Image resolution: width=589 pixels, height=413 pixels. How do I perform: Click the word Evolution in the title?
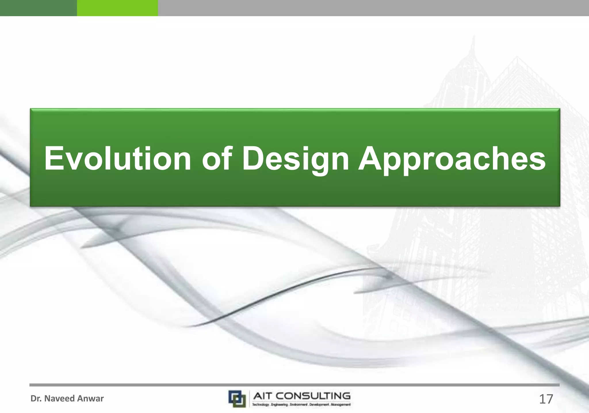click(117, 158)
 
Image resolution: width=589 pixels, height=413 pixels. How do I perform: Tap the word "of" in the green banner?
click(217, 158)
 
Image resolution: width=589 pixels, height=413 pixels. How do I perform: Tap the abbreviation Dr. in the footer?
click(36, 399)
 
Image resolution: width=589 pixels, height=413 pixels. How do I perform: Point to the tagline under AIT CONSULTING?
click(301, 405)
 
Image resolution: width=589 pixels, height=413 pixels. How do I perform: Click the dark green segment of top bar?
click(38, 8)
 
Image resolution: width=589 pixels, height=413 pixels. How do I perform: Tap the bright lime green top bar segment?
click(117, 8)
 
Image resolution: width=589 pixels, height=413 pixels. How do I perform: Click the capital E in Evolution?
click(53, 158)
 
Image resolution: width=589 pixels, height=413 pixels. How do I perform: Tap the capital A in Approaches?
click(370, 158)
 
